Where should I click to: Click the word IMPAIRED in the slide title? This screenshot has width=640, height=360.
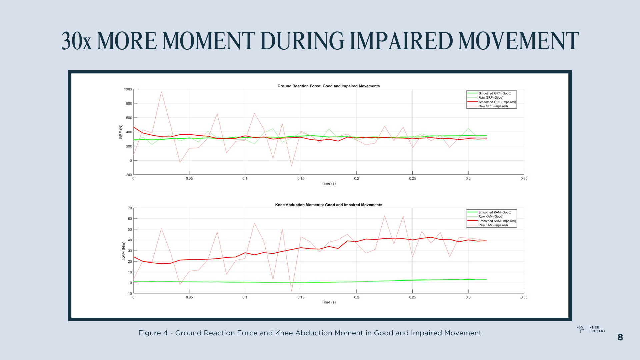[x=401, y=41]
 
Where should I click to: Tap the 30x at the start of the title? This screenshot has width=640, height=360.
[x=76, y=41]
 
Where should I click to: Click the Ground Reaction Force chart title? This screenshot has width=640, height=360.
[x=328, y=86]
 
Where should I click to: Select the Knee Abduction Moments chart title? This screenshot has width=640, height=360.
[x=328, y=205]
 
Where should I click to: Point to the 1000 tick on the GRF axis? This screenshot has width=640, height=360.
[x=128, y=89]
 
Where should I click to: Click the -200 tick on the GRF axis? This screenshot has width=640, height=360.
[x=128, y=175]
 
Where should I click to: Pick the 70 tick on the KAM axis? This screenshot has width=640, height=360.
[x=130, y=208]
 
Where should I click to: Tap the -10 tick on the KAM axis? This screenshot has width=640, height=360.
[x=129, y=294]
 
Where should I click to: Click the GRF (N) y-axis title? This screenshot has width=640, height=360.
[x=121, y=132]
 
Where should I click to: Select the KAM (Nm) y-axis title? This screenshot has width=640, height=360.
[x=123, y=251]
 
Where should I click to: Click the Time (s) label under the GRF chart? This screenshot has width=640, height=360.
[x=328, y=183]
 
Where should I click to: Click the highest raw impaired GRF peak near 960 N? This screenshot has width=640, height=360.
[x=161, y=92]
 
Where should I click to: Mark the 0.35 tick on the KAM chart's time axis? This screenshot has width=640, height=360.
[x=524, y=297]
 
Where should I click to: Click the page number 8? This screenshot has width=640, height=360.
[x=620, y=337]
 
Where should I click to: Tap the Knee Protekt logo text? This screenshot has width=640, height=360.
[x=597, y=329]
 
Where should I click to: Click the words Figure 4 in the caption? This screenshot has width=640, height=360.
[x=153, y=333]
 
